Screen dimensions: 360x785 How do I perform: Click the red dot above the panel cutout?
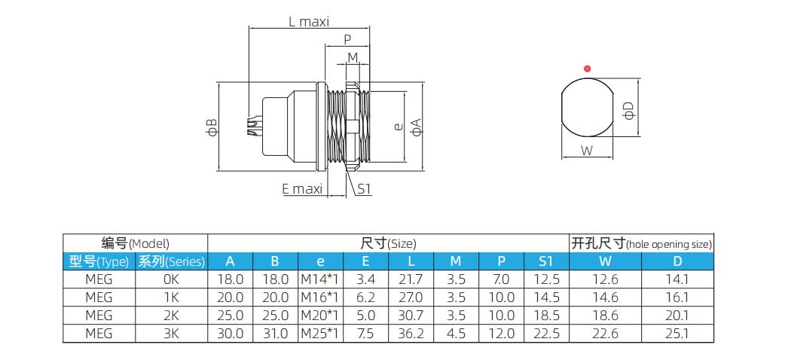[x=587, y=69]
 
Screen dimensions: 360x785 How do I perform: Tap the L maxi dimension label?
[x=309, y=22]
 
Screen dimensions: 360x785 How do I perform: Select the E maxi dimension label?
[x=302, y=189]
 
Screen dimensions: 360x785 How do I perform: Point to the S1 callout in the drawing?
[x=364, y=189]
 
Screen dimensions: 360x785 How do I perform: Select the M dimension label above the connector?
[x=353, y=59]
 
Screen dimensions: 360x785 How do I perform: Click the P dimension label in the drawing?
[x=347, y=40]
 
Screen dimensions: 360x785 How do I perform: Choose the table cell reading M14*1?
[x=320, y=279]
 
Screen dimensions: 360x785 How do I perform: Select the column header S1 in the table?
[x=546, y=262]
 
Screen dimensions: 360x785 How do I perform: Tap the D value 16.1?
[x=678, y=297]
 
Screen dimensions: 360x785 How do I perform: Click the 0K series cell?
[x=171, y=279]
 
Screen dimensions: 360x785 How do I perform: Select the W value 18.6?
[x=605, y=316]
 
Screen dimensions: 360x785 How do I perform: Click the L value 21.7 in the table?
[x=411, y=279]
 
